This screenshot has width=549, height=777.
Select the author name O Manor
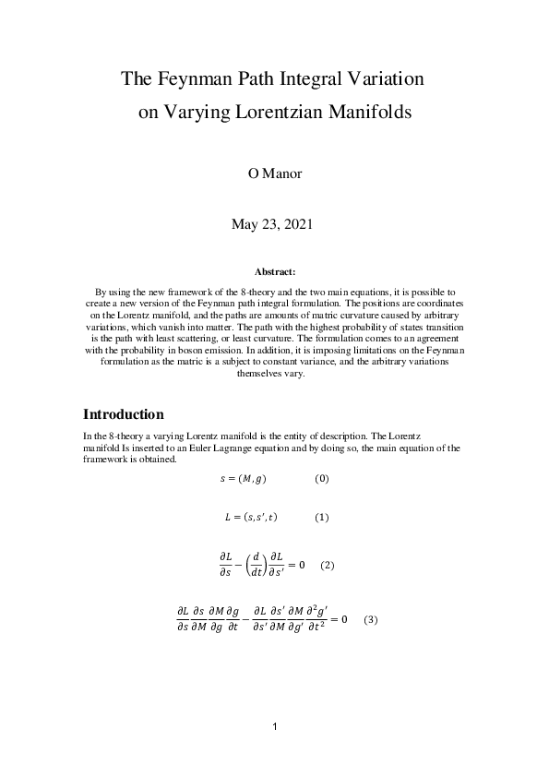coord(274,174)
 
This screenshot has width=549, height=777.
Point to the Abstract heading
coord(274,272)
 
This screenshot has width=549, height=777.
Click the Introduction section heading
coord(124,413)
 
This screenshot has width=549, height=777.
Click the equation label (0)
coord(322,479)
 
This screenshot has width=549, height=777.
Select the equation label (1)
coord(322,518)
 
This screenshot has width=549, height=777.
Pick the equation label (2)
coord(327,565)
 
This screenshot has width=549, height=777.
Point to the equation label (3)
coord(371,619)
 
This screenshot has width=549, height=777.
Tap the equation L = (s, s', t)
coord(251,518)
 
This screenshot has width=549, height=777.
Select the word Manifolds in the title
coord(369,114)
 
